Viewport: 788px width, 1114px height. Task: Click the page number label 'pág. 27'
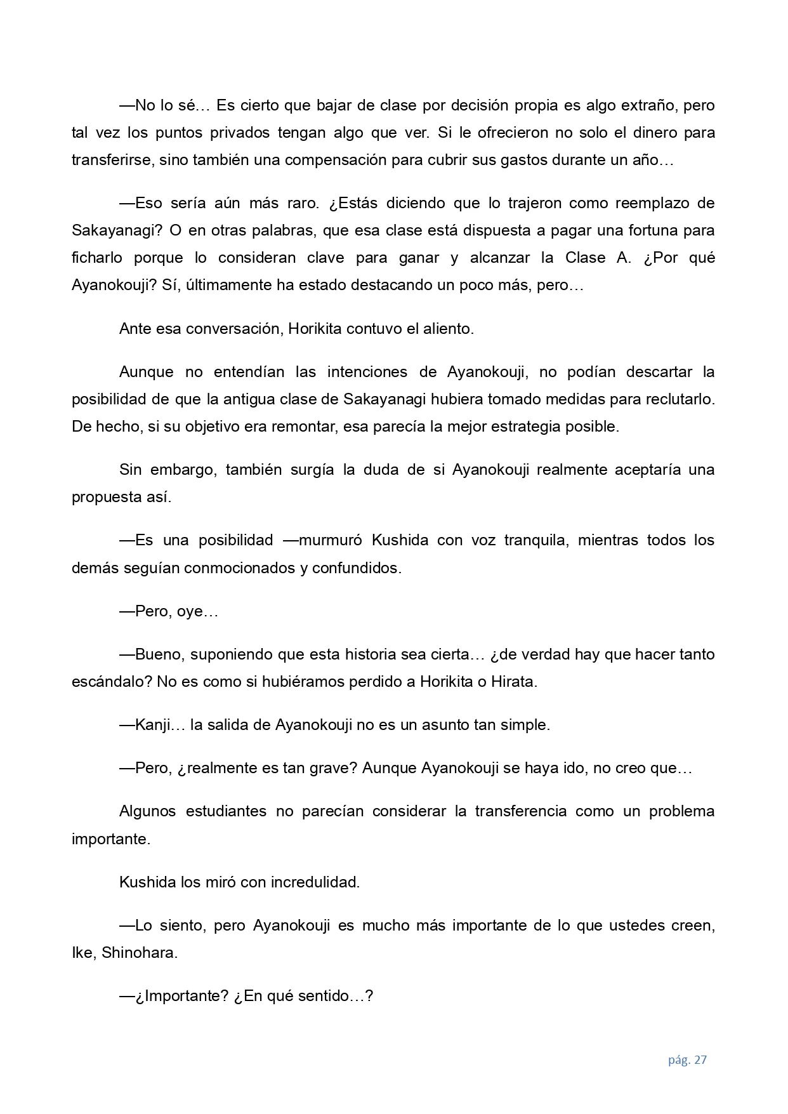[687, 1059]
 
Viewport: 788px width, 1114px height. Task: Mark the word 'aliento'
[447, 329]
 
